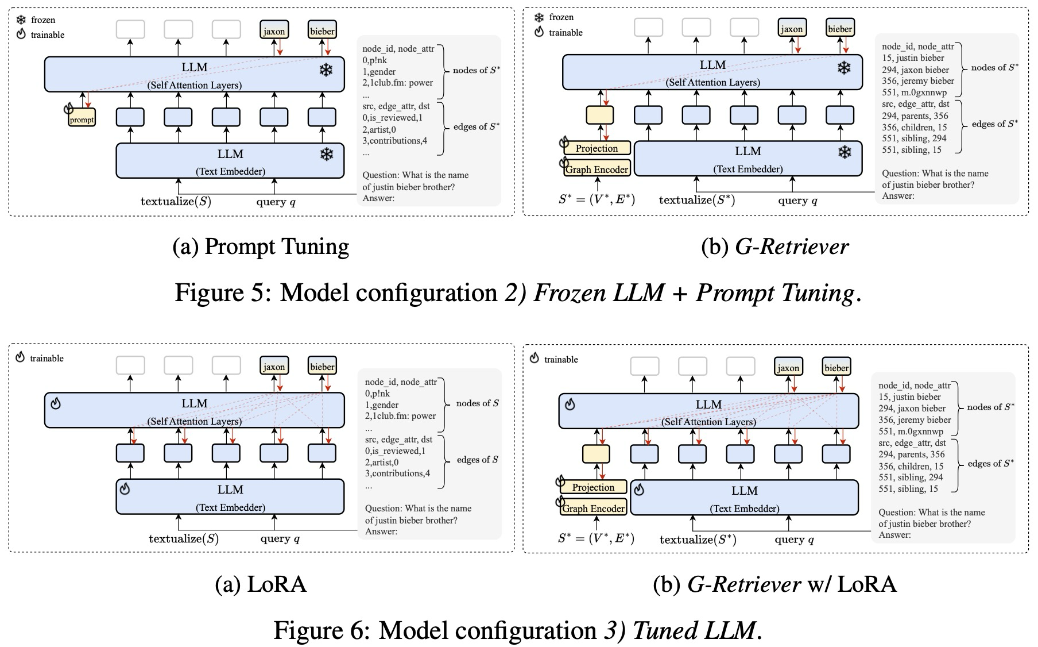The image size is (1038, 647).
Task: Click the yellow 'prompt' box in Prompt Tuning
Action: (82, 119)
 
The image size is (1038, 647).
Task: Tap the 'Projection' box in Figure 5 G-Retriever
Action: (597, 148)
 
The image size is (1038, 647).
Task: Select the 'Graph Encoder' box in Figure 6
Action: (593, 509)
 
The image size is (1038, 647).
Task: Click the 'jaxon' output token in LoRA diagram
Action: (274, 367)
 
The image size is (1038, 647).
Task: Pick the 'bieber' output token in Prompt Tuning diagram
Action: (322, 31)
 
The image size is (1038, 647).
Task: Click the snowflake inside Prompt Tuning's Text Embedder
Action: (326, 155)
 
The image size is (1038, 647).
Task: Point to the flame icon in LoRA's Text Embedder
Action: (125, 489)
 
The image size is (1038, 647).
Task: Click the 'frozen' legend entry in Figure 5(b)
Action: (560, 17)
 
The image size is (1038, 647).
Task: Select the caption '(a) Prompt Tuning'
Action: (261, 247)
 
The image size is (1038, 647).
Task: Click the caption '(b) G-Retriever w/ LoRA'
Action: (774, 584)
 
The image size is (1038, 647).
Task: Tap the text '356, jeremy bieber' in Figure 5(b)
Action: (917, 81)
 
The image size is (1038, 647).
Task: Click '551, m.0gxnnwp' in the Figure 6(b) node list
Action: (911, 432)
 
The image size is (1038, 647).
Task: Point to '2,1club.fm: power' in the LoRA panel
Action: (400, 416)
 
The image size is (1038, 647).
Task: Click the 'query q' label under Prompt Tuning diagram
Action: (276, 202)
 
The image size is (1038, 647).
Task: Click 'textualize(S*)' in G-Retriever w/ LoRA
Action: (698, 540)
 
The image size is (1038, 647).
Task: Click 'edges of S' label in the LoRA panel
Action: (477, 460)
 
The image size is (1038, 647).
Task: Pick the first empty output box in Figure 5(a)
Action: (130, 30)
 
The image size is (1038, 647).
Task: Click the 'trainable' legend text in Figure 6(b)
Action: (560, 360)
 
